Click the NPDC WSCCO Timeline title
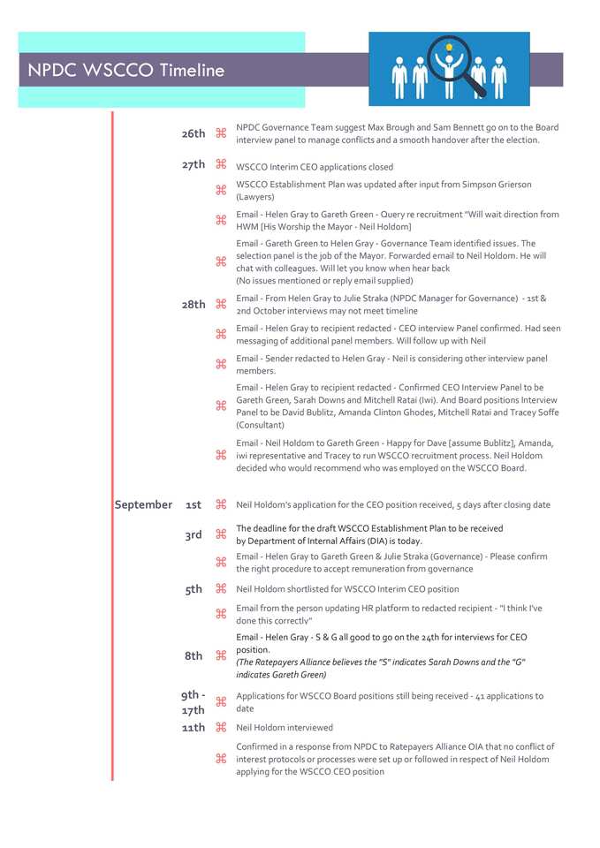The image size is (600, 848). pos(125,71)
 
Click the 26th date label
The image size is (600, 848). pos(194,133)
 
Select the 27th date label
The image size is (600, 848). pos(194,164)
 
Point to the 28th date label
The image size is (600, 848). pos(194,304)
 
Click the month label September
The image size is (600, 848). pos(143,504)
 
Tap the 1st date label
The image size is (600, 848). pos(194,504)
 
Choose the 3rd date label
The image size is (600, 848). pos(194,534)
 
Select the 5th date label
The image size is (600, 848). pos(194,589)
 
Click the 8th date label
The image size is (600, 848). pos(194,655)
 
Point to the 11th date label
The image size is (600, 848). pos(194,727)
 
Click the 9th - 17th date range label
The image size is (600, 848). pos(194,702)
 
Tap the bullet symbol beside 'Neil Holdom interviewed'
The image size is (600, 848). pos(221,727)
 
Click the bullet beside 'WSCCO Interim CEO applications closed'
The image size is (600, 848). pos(221,165)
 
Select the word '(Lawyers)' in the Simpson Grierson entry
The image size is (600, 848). pos(255,197)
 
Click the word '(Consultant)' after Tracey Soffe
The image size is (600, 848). pos(260,425)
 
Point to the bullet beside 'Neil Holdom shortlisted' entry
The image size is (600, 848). pos(221,589)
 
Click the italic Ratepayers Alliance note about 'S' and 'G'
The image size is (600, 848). pos(381,668)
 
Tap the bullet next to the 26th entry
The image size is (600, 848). pos(221,133)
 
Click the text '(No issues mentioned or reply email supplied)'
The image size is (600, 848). pos(324,281)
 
